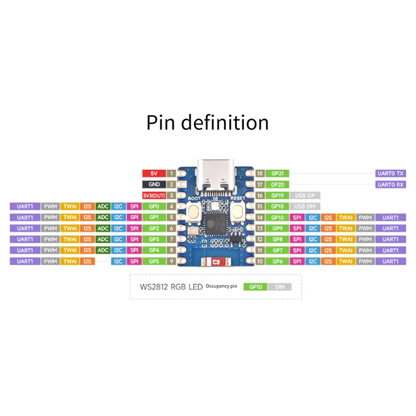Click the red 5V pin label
(x=154, y=173)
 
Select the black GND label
(x=154, y=184)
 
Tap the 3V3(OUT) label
(x=154, y=196)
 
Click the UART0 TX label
(x=390, y=173)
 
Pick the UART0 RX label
(x=390, y=184)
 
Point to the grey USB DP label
(x=305, y=196)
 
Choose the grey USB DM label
(x=305, y=206)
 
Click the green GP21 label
(x=277, y=173)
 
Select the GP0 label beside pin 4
(x=154, y=206)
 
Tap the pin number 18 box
(x=260, y=173)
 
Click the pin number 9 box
(x=171, y=261)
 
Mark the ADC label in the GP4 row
(x=103, y=250)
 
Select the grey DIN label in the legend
(x=280, y=287)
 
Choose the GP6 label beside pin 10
(x=277, y=261)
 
